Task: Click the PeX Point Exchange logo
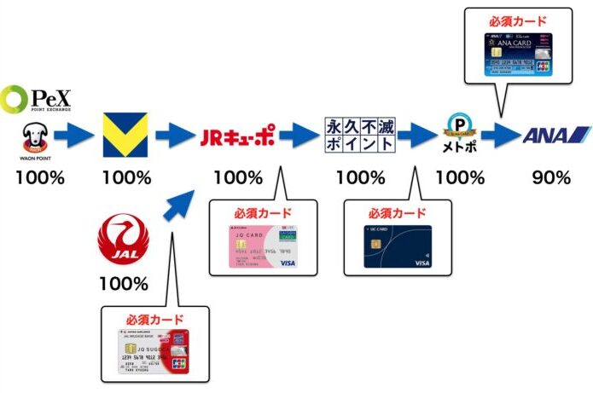[x=36, y=99]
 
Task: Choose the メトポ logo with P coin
[x=458, y=136]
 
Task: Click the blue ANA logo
[x=555, y=136]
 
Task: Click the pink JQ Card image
[x=262, y=247]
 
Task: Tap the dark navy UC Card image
[x=398, y=247]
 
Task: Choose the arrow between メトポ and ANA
[x=500, y=136]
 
